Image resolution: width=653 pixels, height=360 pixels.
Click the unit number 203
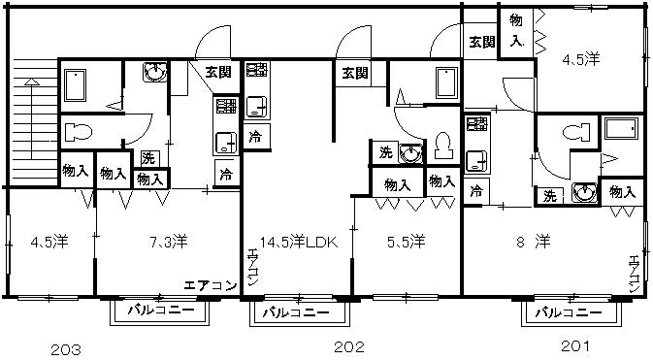tap(66, 349)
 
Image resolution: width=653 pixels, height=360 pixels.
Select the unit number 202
tap(349, 346)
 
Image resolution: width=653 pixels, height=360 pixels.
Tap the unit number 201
tap(575, 345)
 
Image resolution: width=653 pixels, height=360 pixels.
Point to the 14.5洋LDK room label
tap(299, 242)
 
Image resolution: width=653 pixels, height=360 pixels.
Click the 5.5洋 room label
tap(406, 242)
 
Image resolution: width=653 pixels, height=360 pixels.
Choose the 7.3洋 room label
tap(168, 242)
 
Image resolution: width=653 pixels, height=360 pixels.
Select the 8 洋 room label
tap(534, 242)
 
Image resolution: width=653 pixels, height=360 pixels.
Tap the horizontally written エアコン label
tap(211, 286)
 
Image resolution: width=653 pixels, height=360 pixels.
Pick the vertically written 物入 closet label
tap(516, 30)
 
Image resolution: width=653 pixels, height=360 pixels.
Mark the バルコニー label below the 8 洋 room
tap(569, 312)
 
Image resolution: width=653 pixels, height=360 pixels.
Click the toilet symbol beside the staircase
tap(79, 133)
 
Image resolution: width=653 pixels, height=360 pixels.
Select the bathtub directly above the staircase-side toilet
tap(76, 85)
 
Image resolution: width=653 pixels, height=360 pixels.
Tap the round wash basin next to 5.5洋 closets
tap(410, 153)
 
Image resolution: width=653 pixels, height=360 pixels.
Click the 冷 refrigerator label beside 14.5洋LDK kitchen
tap(255, 137)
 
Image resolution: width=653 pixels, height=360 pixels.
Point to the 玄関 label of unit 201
tap(482, 42)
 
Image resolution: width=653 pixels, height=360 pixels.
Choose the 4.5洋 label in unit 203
tap(49, 242)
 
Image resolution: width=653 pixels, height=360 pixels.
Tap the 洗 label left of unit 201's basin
tap(550, 196)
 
